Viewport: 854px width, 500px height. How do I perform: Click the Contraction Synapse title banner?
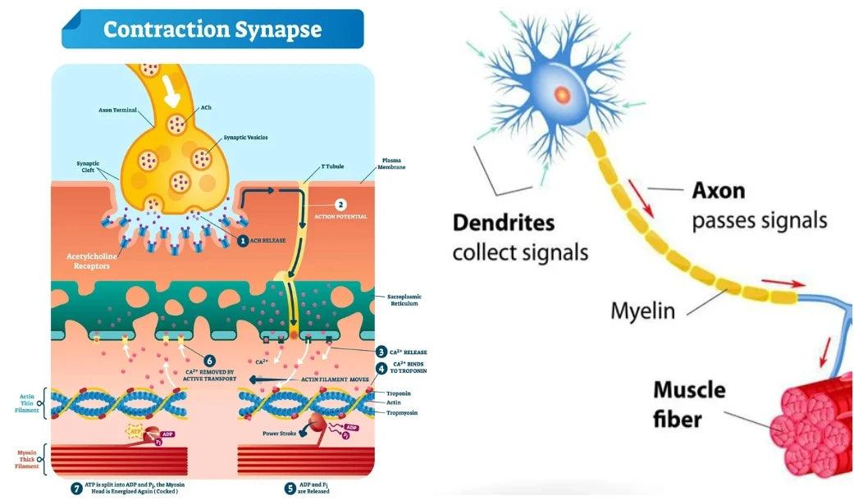tap(212, 30)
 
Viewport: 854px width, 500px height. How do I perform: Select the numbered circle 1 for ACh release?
tap(243, 241)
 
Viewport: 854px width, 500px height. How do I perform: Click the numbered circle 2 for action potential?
tap(341, 205)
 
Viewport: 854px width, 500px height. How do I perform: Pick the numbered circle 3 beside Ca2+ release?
tap(382, 351)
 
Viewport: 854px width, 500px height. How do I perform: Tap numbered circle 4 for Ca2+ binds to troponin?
tap(382, 368)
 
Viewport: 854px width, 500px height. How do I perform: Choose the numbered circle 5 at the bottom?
tap(290, 488)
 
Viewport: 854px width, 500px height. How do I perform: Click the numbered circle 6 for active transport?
tap(209, 361)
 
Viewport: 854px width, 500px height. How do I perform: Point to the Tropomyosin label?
tap(402, 412)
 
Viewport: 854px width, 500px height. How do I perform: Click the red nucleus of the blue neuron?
tap(562, 93)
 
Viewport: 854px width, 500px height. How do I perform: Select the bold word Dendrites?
tap(504, 222)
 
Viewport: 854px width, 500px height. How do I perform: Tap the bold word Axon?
tap(719, 190)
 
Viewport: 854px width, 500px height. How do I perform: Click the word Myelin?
tap(643, 311)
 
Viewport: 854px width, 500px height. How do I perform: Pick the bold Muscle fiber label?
tap(689, 404)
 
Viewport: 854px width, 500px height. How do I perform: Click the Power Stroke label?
tap(279, 433)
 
